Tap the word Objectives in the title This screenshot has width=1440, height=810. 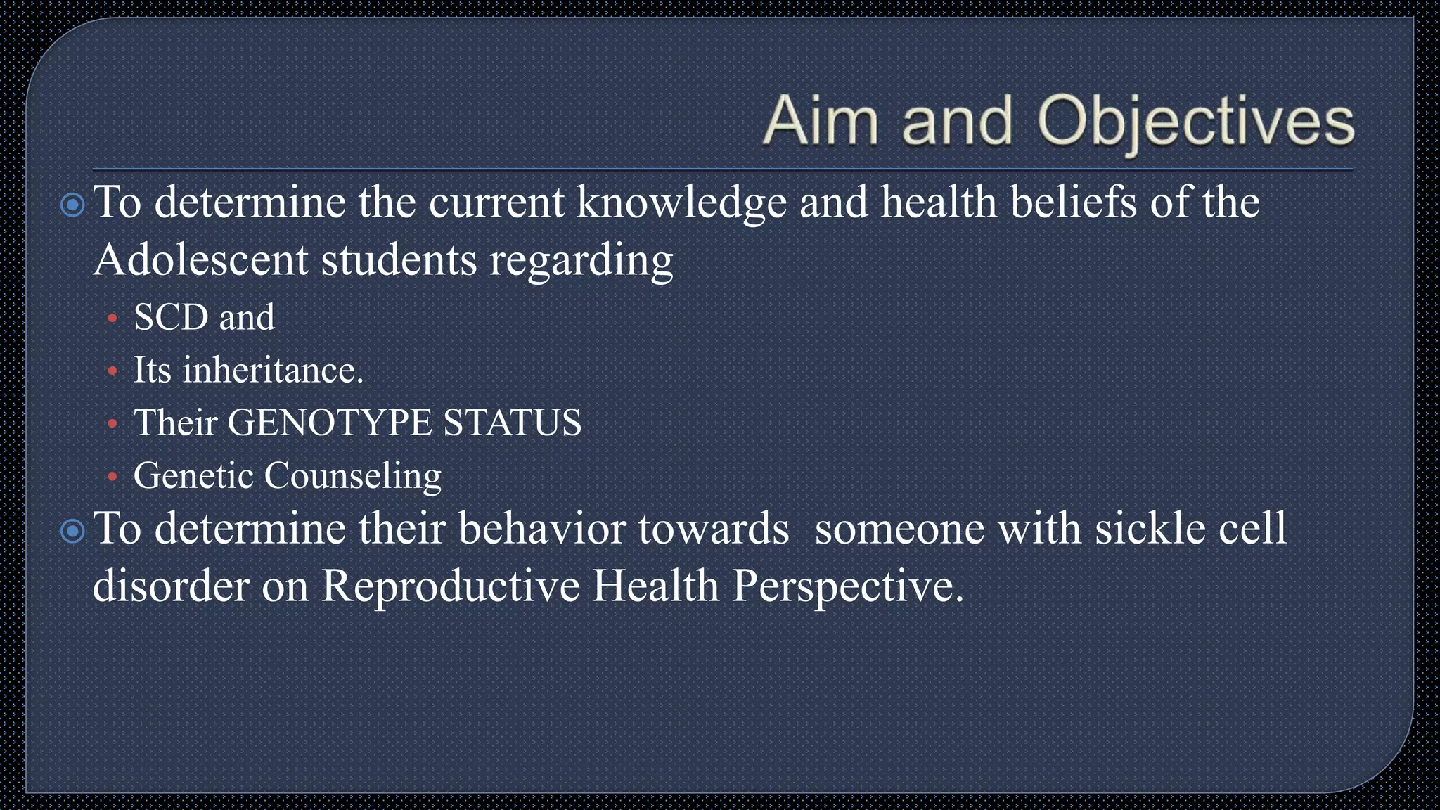click(1195, 122)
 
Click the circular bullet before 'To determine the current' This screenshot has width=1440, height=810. click(72, 205)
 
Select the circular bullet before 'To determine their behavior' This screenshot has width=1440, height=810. click(72, 531)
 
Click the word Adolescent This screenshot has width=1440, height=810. click(200, 260)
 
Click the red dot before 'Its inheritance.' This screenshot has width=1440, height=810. click(112, 371)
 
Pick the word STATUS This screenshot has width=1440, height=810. click(512, 423)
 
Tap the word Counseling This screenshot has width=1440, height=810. click(352, 477)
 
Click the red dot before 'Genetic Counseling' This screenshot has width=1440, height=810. click(112, 477)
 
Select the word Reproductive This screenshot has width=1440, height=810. click(450, 586)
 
